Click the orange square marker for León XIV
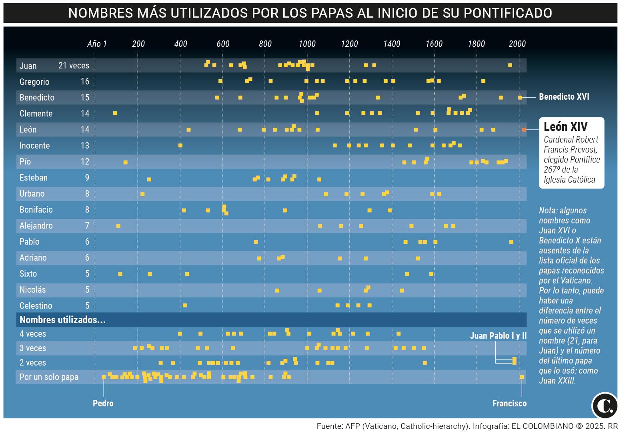click(x=524, y=129)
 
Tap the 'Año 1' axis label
click(x=97, y=44)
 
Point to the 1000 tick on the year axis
click(x=307, y=44)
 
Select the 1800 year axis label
click(x=476, y=44)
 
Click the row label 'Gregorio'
click(x=34, y=82)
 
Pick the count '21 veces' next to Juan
click(x=74, y=66)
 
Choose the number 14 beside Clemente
click(x=85, y=114)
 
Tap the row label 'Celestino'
click(x=36, y=306)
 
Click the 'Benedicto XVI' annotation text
click(x=564, y=97)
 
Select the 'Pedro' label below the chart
click(x=103, y=403)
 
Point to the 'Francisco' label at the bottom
click(x=509, y=403)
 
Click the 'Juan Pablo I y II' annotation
click(x=498, y=336)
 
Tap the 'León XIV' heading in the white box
click(x=565, y=127)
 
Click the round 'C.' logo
click(x=605, y=406)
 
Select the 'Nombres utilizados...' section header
click(x=62, y=320)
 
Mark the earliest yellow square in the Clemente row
click(x=115, y=113)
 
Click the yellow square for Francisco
click(x=522, y=377)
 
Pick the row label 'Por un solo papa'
click(x=49, y=377)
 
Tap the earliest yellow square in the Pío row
click(x=126, y=162)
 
